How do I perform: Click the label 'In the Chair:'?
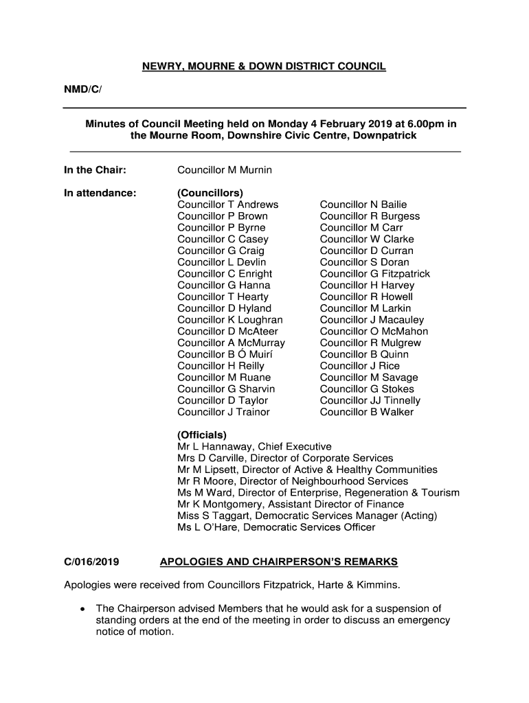point(95,170)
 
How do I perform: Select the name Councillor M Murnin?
point(225,170)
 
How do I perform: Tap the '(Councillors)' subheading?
point(210,193)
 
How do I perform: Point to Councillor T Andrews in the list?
point(228,205)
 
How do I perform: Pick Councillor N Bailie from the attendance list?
point(363,205)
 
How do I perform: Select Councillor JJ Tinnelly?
point(370,400)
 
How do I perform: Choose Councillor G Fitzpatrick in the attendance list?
point(375,274)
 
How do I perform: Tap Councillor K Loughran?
point(230,320)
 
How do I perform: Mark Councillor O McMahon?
point(374,332)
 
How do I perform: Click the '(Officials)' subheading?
point(202,435)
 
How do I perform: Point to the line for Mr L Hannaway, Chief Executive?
point(254,447)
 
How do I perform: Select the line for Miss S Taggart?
point(307,516)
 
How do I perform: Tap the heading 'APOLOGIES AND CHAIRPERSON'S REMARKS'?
point(278,562)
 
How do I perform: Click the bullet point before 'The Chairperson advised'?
point(82,609)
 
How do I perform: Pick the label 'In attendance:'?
point(100,193)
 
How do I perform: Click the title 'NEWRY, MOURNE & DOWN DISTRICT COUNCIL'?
point(264,67)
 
